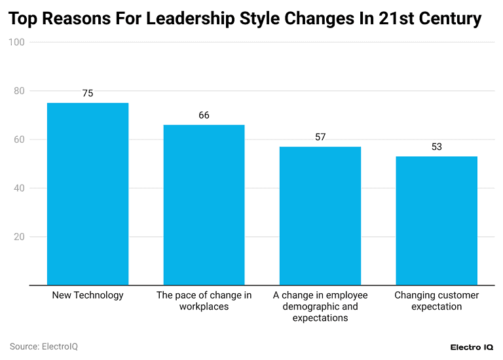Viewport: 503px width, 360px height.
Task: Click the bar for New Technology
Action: [88, 194]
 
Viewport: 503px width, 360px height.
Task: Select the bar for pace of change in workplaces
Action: [204, 205]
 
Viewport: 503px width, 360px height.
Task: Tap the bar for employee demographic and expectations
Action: [320, 216]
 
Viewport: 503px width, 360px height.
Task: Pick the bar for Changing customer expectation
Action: [436, 221]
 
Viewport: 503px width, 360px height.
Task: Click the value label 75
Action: [88, 94]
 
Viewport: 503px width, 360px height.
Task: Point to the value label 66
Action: [204, 115]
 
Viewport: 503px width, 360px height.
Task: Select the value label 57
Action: [320, 137]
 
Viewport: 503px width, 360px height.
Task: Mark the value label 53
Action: [436, 147]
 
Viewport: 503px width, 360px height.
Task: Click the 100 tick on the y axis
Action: [17, 43]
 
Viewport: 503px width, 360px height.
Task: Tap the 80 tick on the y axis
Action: [19, 91]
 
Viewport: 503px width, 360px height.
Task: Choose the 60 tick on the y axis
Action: [19, 139]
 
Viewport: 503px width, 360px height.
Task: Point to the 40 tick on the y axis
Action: [19, 189]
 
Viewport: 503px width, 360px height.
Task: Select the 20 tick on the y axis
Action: [19, 237]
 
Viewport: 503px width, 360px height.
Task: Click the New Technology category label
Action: [88, 295]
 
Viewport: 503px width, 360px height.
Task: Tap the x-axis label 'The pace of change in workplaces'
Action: [204, 301]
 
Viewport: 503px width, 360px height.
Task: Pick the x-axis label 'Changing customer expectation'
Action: [436, 301]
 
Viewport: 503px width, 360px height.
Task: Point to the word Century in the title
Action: [449, 19]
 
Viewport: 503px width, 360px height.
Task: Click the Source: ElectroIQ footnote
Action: [43, 346]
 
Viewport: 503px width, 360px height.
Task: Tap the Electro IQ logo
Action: [472, 347]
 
